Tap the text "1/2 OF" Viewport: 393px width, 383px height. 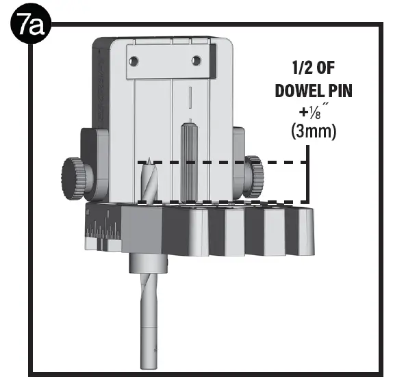(314, 68)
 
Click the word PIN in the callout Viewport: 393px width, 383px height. (338, 90)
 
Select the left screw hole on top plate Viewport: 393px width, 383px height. (134, 61)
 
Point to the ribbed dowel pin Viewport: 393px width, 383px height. (188, 161)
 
